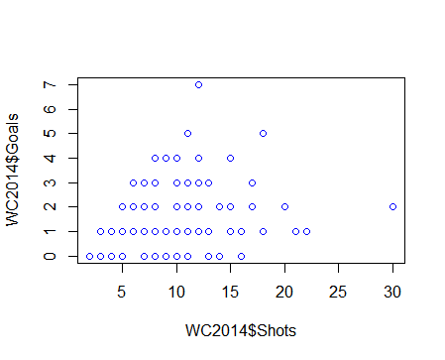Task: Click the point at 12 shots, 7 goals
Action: click(198, 85)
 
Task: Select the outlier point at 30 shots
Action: click(393, 207)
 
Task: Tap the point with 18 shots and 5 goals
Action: click(264, 134)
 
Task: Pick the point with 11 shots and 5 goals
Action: click(187, 134)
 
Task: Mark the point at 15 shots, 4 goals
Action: click(231, 158)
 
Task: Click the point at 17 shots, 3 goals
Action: click(253, 182)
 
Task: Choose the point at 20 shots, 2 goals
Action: click(284, 207)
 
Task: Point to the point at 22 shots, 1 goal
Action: click(306, 231)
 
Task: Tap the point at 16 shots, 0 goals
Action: click(242, 256)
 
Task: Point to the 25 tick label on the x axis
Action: click(339, 293)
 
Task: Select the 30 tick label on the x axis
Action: click(393, 293)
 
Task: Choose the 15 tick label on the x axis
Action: click(231, 293)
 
